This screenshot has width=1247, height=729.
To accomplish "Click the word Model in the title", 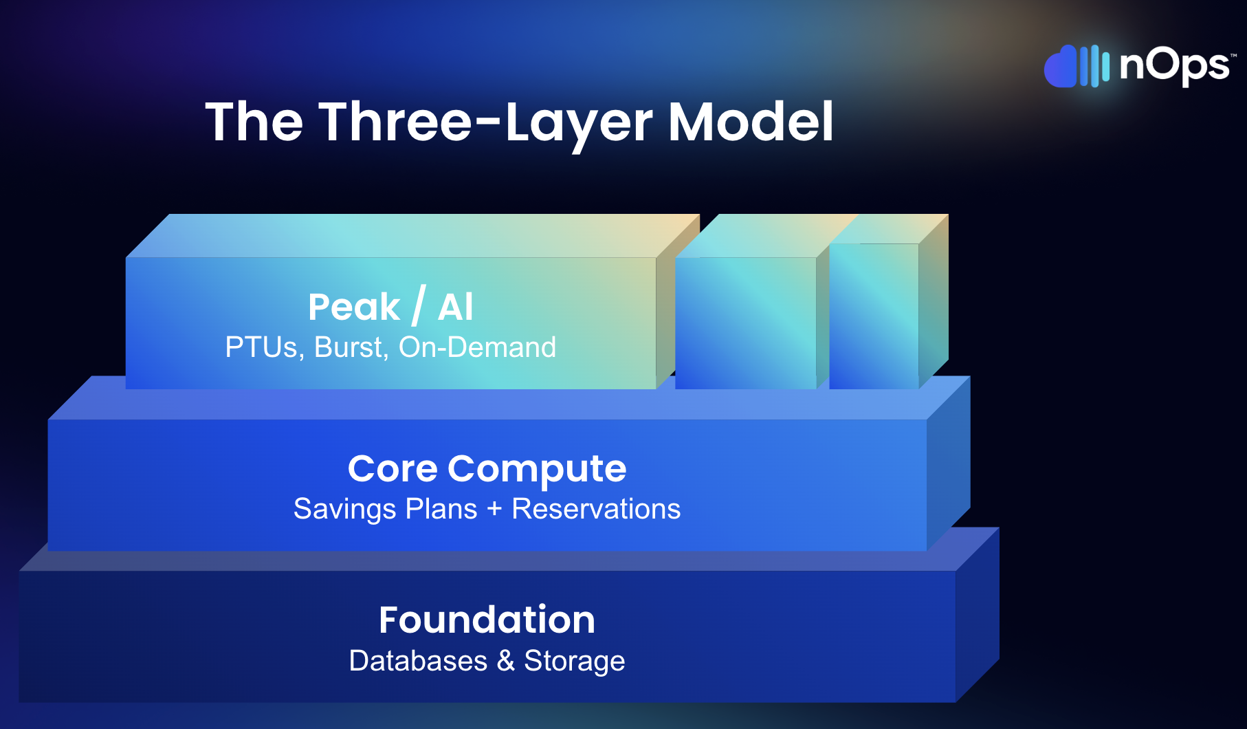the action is pos(751,122).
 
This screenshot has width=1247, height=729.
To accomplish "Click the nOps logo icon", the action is pos(1077,67).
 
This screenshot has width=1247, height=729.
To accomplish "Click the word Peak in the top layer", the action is pos(354,307).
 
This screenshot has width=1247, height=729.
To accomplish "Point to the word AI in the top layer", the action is pos(456,307).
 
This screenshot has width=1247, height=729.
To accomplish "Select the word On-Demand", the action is pos(477,347).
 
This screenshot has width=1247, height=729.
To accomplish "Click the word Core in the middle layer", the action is pos(393,469).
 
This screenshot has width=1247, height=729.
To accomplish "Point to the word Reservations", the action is pos(596,509).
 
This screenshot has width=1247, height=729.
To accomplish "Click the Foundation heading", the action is pos(487,620).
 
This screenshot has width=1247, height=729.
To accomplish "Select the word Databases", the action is pos(418,661).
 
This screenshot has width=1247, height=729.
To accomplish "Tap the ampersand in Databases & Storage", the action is pos(506,661).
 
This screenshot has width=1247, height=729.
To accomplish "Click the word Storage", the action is pos(575,662).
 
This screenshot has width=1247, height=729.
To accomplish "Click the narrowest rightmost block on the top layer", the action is pos(874,316).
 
